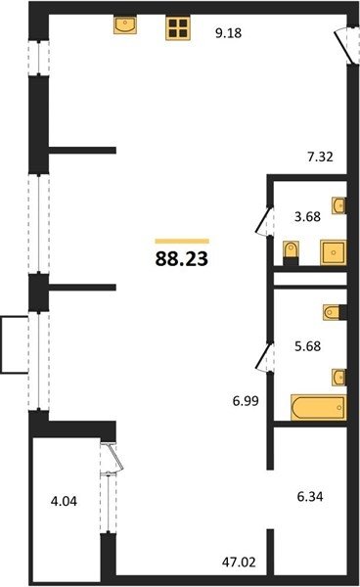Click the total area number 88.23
pyautogui.click(x=182, y=258)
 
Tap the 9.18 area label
pyautogui.click(x=228, y=33)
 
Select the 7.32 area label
pyautogui.click(x=320, y=157)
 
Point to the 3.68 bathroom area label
pyautogui.click(x=307, y=216)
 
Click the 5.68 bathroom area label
pyautogui.click(x=307, y=346)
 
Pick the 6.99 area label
pyautogui.click(x=246, y=401)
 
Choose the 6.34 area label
pyautogui.click(x=310, y=497)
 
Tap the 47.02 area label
pyautogui.click(x=239, y=562)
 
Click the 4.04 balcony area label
pyautogui.click(x=64, y=501)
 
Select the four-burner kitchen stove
pyautogui.click(x=178, y=28)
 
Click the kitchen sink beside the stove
pyautogui.click(x=125, y=24)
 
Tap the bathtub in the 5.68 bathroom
pyautogui.click(x=319, y=407)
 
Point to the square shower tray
pyautogui.click(x=334, y=252)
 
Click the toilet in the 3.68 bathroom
pyautogui.click(x=291, y=253)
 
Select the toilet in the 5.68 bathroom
pyautogui.click(x=335, y=313)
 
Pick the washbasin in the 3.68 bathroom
pyautogui.click(x=339, y=205)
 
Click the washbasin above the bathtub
pyautogui.click(x=339, y=377)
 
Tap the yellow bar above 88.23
pyautogui.click(x=182, y=241)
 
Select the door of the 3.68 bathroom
pyautogui.click(x=264, y=221)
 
